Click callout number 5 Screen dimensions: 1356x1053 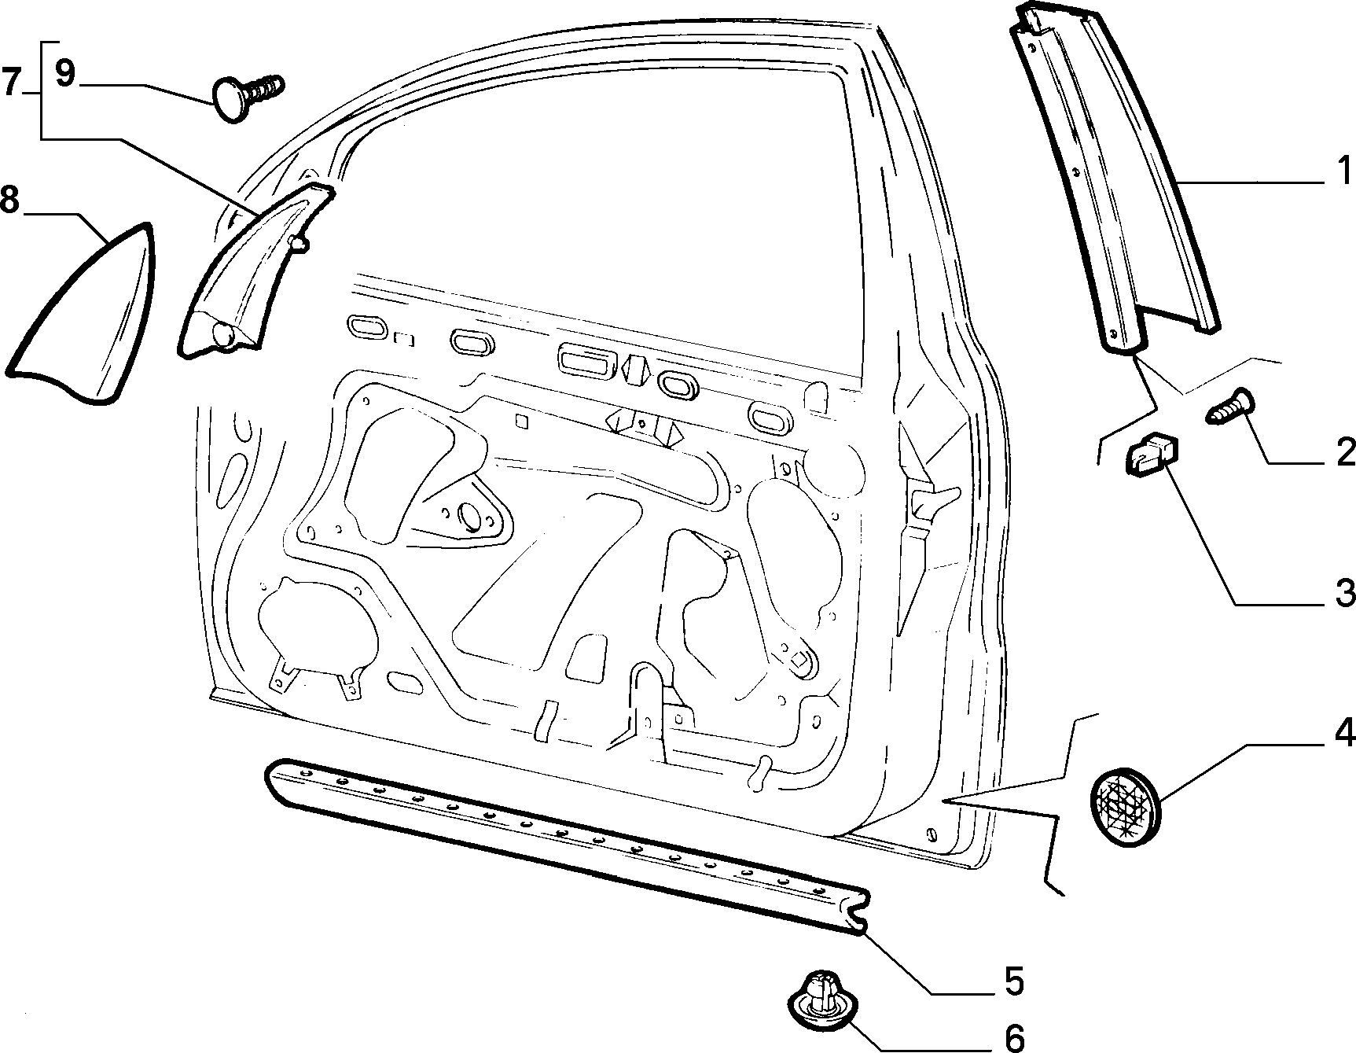click(1013, 981)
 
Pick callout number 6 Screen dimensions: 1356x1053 click(1015, 1038)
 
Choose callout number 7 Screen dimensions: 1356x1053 click(11, 82)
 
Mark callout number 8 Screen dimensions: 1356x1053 click(9, 200)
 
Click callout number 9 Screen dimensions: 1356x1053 click(66, 74)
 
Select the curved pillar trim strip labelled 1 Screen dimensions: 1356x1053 click(1116, 173)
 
